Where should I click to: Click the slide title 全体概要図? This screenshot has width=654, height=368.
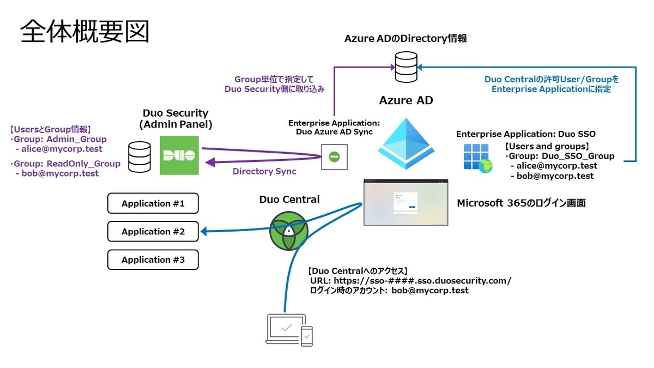click(x=85, y=32)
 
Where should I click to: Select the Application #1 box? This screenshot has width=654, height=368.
click(x=153, y=203)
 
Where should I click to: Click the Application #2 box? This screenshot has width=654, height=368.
click(x=153, y=231)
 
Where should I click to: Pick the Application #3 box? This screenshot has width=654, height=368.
click(x=153, y=260)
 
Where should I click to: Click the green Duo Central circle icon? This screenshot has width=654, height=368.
click(x=289, y=231)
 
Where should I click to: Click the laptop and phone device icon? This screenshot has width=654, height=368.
click(x=289, y=330)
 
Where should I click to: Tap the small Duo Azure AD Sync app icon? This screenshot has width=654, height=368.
click(x=334, y=157)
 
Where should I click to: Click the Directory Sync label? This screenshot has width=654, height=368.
click(x=264, y=171)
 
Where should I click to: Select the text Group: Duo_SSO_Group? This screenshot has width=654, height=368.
click(x=561, y=156)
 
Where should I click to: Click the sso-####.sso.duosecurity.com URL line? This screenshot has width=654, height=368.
click(x=410, y=281)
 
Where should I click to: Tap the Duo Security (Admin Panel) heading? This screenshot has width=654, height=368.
click(x=175, y=119)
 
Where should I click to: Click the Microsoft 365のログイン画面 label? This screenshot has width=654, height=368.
click(x=521, y=203)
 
